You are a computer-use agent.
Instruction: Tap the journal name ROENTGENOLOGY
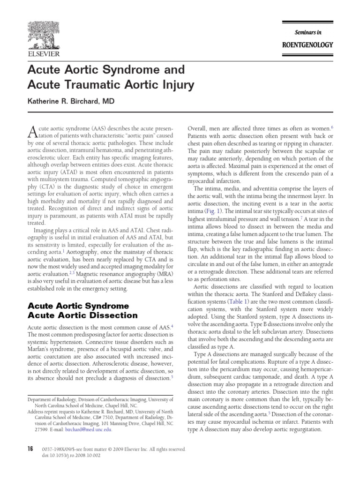(x=307, y=45)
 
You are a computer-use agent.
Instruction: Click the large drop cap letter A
(x=32, y=131)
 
